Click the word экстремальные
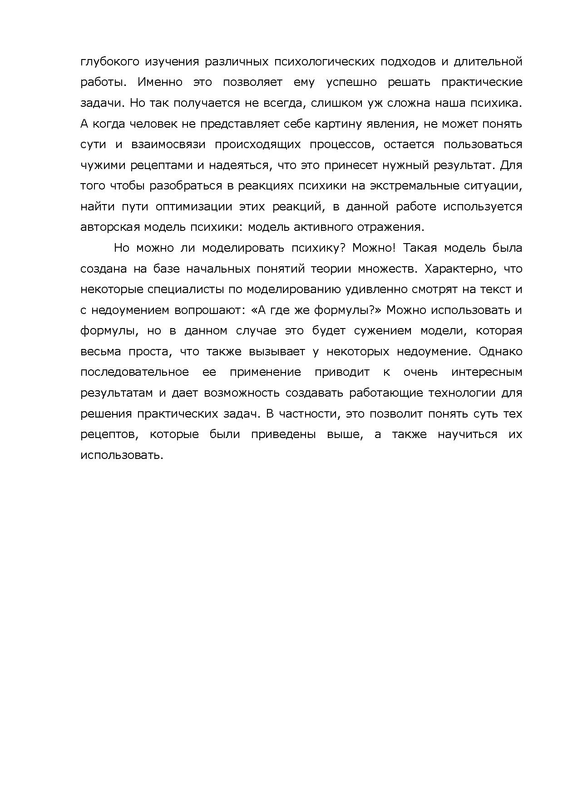coord(401,186)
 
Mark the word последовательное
coord(134,372)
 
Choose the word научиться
coord(467,434)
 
